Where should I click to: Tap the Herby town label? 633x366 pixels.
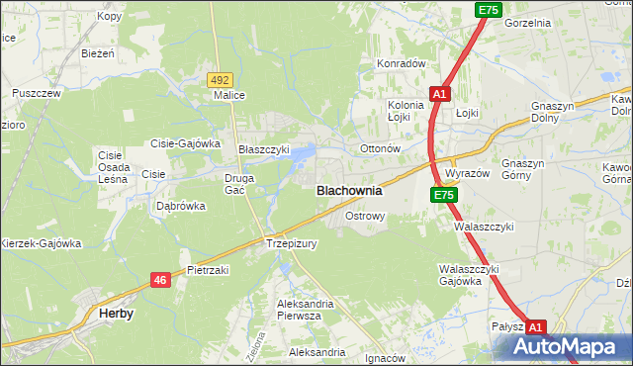pyautogui.click(x=117, y=313)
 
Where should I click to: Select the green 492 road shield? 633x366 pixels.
pyautogui.click(x=220, y=79)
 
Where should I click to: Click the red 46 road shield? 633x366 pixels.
pyautogui.click(x=160, y=281)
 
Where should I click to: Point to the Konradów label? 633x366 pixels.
pyautogui.click(x=400, y=63)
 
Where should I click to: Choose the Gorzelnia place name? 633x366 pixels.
pyautogui.click(x=527, y=22)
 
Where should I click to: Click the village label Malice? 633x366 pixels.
pyautogui.click(x=229, y=96)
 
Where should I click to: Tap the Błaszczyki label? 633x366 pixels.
pyautogui.click(x=264, y=149)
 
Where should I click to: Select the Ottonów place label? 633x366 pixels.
pyautogui.click(x=379, y=149)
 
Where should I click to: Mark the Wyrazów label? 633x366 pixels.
pyautogui.click(x=468, y=172)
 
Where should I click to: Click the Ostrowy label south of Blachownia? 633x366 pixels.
pyautogui.click(x=364, y=215)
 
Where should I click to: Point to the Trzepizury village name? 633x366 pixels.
pyautogui.click(x=291, y=242)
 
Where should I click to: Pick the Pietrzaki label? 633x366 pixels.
pyautogui.click(x=208, y=269)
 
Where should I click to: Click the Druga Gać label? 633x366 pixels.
pyautogui.click(x=240, y=184)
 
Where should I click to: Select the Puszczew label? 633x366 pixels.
pyautogui.click(x=37, y=93)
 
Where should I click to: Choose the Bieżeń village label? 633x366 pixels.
pyautogui.click(x=99, y=52)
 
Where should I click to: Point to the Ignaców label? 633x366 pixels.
pyautogui.click(x=386, y=358)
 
